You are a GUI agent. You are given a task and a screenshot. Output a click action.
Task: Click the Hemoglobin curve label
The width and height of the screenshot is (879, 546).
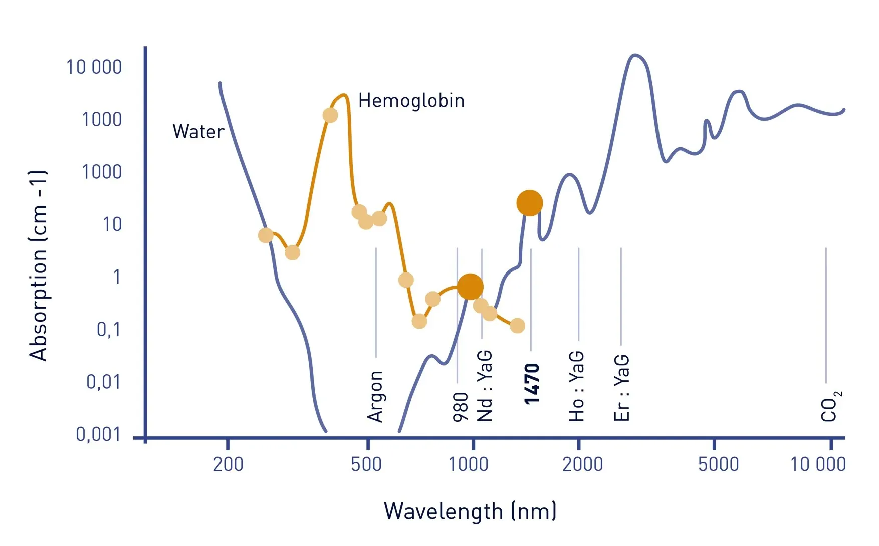pos(411,101)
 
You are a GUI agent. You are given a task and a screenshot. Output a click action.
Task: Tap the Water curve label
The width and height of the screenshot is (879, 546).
pos(198,132)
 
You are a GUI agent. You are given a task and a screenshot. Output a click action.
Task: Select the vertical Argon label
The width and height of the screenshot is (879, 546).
pos(375,396)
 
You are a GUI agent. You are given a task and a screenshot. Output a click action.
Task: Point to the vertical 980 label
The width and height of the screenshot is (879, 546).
pos(460,407)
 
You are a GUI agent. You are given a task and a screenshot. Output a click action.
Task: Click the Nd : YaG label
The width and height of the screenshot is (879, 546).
pos(485,386)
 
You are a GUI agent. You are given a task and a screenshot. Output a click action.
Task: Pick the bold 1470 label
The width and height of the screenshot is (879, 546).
pos(531,384)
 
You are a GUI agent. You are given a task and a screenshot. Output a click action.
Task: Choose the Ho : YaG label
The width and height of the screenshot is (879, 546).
pos(576,386)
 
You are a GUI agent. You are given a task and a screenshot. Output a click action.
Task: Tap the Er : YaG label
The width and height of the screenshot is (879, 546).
pos(621,387)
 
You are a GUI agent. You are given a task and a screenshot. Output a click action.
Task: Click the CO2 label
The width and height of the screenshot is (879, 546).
pos(830,406)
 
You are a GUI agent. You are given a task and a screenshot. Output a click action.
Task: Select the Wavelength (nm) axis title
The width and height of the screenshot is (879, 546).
pos(470,511)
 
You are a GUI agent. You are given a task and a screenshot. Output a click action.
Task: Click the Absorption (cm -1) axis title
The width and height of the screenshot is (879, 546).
pos(38,265)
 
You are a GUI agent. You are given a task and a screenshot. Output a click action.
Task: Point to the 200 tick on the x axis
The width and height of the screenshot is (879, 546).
pos(228,464)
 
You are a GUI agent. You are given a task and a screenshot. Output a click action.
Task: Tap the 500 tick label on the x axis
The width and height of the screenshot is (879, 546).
pos(366,464)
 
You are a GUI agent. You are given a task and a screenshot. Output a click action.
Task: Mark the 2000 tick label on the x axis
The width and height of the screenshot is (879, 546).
pos(582,464)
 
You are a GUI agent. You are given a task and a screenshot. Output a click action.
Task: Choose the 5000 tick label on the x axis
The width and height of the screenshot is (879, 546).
pos(718,464)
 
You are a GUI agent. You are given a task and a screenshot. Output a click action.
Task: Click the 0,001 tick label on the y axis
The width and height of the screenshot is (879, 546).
pos(98,434)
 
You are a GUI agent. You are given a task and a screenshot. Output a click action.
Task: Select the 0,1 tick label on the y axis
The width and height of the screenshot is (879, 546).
pos(108,329)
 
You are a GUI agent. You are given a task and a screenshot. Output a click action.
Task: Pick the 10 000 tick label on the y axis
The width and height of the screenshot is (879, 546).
pos(94,67)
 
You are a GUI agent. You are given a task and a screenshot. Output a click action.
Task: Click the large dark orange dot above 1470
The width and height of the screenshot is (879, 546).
pos(530,203)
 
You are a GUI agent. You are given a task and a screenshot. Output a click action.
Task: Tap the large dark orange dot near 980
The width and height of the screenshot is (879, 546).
pos(470,287)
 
